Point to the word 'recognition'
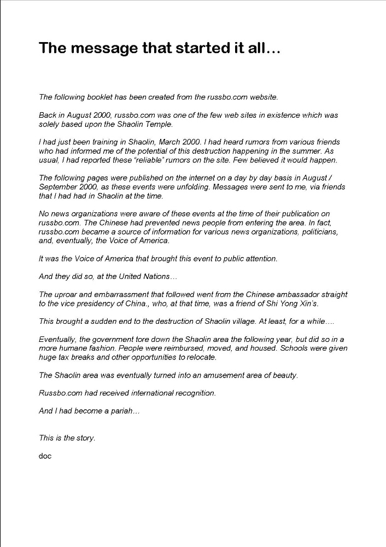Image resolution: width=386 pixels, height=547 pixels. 195,393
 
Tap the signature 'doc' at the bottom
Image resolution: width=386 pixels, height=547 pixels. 45,456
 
